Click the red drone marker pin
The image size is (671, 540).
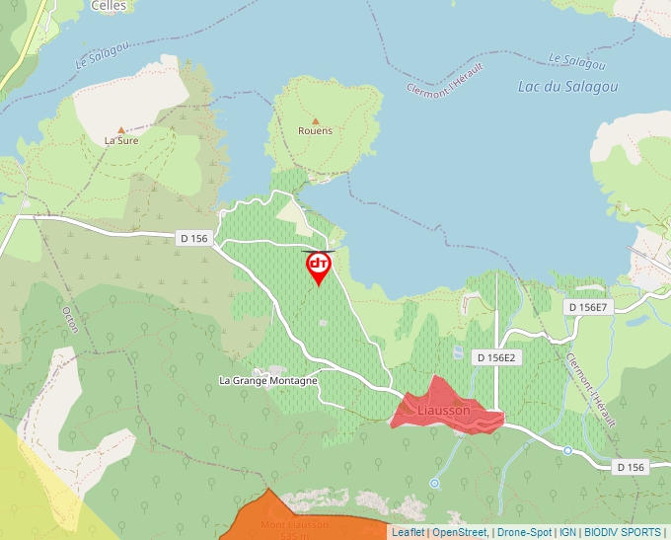click(318, 266)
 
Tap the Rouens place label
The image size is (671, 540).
click(315, 130)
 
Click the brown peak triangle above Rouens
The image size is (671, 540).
click(316, 117)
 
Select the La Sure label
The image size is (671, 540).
click(121, 140)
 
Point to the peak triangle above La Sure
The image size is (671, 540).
click(121, 128)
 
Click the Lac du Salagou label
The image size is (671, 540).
click(567, 87)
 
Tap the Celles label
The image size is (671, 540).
click(107, 5)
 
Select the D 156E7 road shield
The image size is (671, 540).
click(590, 308)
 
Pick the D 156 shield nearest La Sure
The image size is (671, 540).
click(194, 238)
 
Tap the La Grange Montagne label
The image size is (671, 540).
click(268, 381)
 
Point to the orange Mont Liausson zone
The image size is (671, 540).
click(296, 518)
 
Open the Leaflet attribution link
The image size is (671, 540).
click(408, 532)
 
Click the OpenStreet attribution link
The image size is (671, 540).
click(459, 532)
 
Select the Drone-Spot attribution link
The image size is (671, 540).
click(524, 532)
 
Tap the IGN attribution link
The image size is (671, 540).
click(567, 532)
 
